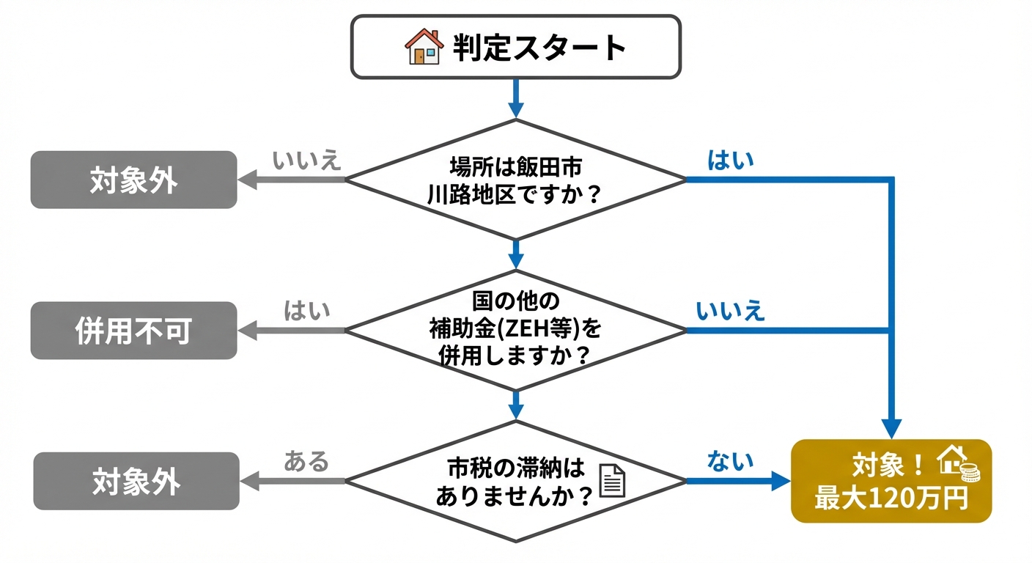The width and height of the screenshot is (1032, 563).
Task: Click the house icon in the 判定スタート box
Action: pos(424,47)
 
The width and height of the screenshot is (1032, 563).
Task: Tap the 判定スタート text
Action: pos(539,48)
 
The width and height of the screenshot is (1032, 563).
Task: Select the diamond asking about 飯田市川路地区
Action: pos(516,179)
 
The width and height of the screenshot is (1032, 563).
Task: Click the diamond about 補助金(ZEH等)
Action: pos(516,330)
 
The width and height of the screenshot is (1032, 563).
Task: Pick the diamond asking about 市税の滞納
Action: pos(516,481)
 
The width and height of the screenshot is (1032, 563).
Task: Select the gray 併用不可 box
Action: pos(133,331)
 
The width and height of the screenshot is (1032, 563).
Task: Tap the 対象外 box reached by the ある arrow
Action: pos(136,482)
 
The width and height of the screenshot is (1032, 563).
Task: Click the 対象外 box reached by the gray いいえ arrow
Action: pos(133,180)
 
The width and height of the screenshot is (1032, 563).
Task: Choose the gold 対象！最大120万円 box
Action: pos(891,481)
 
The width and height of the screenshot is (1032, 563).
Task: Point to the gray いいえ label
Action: pos(307,161)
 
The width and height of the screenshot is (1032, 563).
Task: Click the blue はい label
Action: pos(730,161)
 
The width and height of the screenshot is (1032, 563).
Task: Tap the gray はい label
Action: pos(307,311)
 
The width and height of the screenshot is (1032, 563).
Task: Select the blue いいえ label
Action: pos(730,311)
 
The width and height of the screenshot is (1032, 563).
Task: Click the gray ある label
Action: pos(306,462)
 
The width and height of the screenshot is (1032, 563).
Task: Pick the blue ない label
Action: pos(730,461)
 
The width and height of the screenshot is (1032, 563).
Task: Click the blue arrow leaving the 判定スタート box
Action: pos(516,98)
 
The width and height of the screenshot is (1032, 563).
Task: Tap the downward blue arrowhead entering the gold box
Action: pos(891,428)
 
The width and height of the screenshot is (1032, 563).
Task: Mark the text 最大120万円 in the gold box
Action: pos(891,498)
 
